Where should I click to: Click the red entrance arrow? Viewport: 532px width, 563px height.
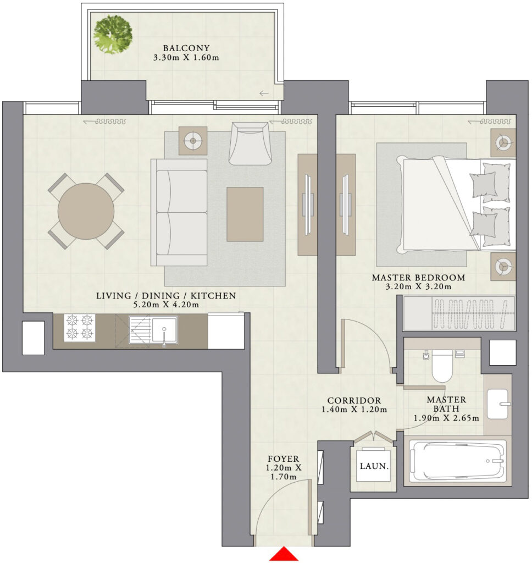(284, 554)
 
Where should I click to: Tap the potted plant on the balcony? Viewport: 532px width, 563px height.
(113, 35)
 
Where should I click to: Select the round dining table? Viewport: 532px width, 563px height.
(86, 211)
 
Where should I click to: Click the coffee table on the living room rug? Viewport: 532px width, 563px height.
(245, 214)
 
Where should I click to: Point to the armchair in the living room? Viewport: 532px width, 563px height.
(249, 143)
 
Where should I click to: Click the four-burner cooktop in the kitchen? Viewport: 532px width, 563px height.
(80, 328)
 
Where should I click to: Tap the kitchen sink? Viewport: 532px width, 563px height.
(164, 329)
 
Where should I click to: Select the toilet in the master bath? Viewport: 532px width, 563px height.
(441, 366)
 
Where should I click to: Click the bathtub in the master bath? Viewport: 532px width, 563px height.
(458, 461)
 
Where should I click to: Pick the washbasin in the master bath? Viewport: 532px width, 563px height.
(498, 404)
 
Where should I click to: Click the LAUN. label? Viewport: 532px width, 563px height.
(374, 466)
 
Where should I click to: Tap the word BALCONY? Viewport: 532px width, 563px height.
(186, 48)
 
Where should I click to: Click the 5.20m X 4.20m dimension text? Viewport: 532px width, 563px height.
(166, 305)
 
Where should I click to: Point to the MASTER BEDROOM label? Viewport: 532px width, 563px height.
(419, 278)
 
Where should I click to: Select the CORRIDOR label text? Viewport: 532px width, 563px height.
(354, 400)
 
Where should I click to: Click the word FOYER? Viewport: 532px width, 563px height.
(283, 459)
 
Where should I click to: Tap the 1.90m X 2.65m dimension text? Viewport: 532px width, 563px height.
(446, 418)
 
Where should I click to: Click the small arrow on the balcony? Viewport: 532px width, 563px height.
(264, 93)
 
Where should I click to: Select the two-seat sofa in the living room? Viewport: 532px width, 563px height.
(179, 212)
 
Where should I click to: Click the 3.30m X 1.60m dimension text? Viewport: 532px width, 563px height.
(186, 57)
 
